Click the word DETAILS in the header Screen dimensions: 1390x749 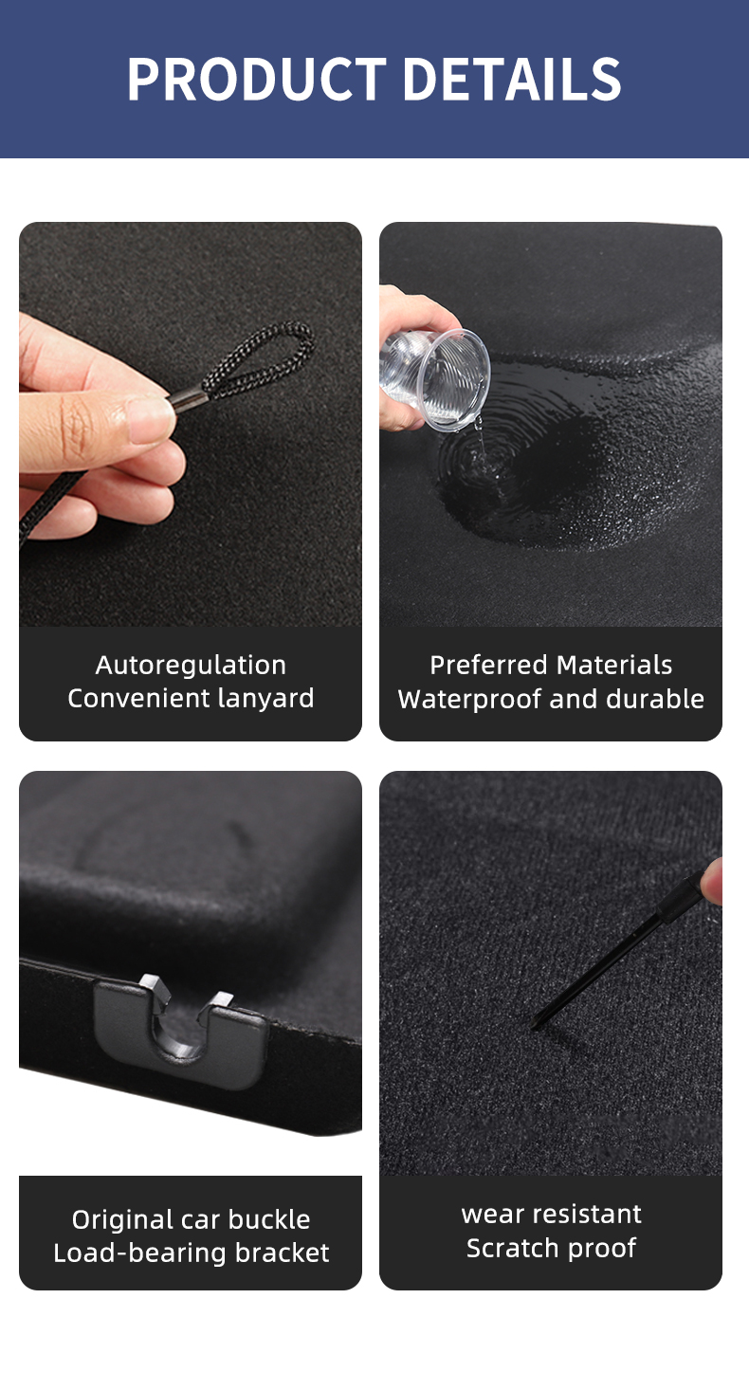513,80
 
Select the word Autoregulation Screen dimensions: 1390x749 191,665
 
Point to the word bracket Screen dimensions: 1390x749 283,1253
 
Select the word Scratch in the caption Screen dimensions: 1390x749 507,1249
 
